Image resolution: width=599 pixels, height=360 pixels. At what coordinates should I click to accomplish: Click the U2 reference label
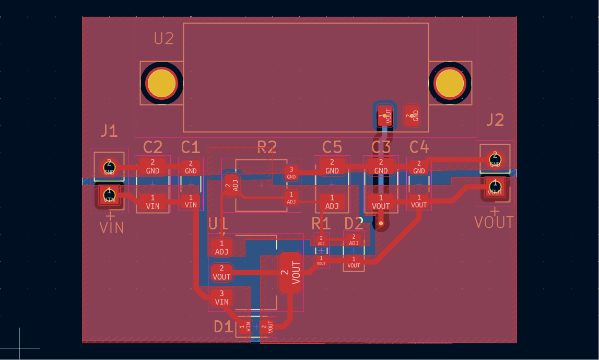(163, 39)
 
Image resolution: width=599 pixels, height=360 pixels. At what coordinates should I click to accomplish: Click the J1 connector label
(109, 131)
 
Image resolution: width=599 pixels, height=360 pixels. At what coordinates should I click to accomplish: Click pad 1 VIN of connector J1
(109, 195)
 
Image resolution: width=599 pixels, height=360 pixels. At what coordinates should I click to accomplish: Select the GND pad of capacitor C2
(152, 167)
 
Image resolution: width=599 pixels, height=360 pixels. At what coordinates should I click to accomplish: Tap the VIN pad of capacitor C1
(191, 201)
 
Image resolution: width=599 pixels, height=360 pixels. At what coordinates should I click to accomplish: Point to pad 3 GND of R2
(291, 172)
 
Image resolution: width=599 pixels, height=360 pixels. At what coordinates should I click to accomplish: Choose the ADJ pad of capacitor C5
(332, 202)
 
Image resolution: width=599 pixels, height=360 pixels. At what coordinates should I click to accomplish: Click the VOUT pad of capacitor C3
(381, 202)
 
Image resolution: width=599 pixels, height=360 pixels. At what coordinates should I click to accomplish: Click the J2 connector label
(495, 120)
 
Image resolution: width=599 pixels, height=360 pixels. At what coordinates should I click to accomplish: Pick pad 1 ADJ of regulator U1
(222, 247)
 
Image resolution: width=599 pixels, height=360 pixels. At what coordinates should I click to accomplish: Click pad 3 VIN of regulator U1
(222, 297)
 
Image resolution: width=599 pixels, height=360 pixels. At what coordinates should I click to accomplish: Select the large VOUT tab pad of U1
(291, 272)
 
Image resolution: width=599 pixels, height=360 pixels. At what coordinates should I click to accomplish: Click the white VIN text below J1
(112, 228)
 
